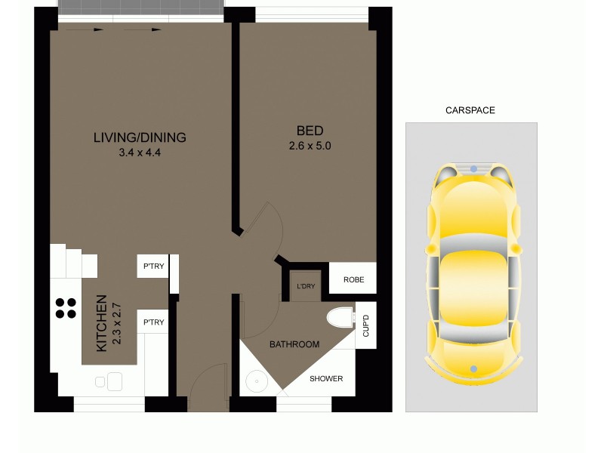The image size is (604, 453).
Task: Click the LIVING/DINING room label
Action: (140, 137)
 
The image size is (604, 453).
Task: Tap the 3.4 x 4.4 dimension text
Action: (140, 152)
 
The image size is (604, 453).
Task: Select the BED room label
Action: (310, 131)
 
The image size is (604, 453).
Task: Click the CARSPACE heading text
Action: (470, 110)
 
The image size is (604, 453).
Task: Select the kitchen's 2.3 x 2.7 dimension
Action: (116, 323)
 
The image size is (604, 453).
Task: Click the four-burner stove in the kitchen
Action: (66, 308)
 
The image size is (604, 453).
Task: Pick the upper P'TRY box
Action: (153, 266)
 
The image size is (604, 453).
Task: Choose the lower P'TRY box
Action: (153, 322)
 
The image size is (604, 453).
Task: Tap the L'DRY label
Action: (306, 286)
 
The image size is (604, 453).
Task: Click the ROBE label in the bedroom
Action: (353, 279)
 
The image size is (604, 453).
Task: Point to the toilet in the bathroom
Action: (340, 318)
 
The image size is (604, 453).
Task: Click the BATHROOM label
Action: (294, 344)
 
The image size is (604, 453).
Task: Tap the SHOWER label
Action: (326, 379)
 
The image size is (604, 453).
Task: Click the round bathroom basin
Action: (257, 382)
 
